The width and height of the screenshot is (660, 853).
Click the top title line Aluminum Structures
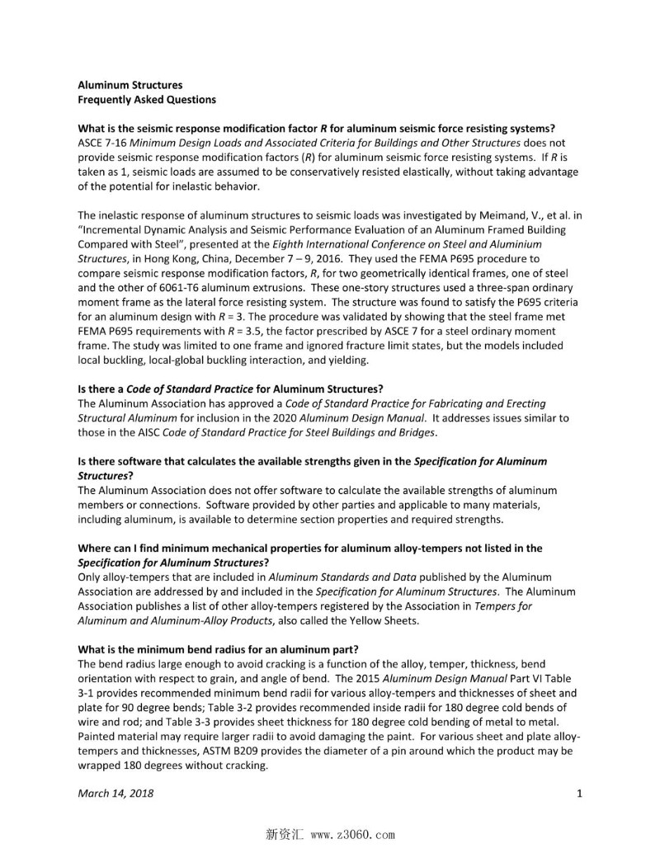click(x=130, y=85)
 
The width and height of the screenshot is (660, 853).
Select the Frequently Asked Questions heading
click(x=146, y=100)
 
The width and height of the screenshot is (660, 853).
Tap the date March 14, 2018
click(x=115, y=794)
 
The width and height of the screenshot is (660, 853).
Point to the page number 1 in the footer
click(x=579, y=794)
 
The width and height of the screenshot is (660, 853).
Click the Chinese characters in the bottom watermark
click(x=284, y=834)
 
